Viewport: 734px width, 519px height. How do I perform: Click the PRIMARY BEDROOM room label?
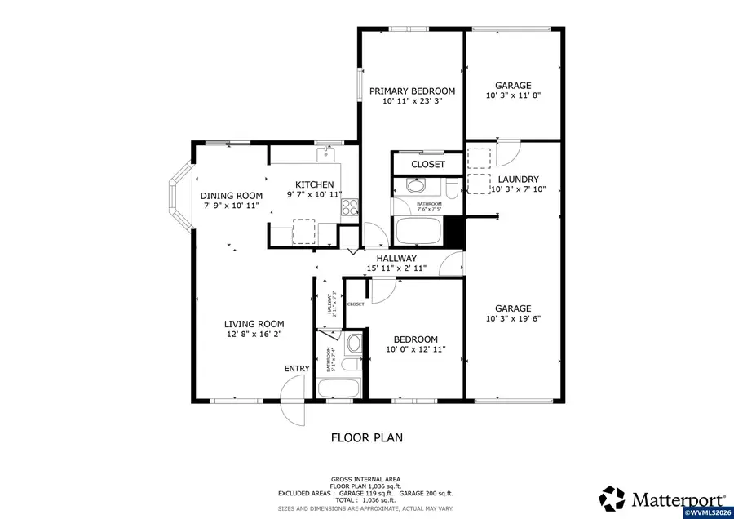click(x=412, y=91)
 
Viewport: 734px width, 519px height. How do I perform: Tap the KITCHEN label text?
click(x=314, y=184)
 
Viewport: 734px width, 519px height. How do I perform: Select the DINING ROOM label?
click(x=232, y=195)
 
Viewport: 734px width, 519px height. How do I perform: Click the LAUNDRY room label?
click(x=519, y=179)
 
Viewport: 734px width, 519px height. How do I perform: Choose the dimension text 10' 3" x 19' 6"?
click(x=513, y=319)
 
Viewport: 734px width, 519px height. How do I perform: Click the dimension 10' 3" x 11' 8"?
click(x=513, y=95)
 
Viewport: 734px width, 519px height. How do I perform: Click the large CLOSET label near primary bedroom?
click(x=427, y=164)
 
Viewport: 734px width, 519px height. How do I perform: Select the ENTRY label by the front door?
click(x=297, y=369)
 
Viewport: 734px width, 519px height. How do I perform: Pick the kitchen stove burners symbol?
click(x=350, y=207)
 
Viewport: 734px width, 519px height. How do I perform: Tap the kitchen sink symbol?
click(x=328, y=151)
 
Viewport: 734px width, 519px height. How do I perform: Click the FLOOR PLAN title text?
click(x=366, y=437)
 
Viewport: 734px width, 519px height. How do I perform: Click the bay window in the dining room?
click(x=177, y=195)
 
